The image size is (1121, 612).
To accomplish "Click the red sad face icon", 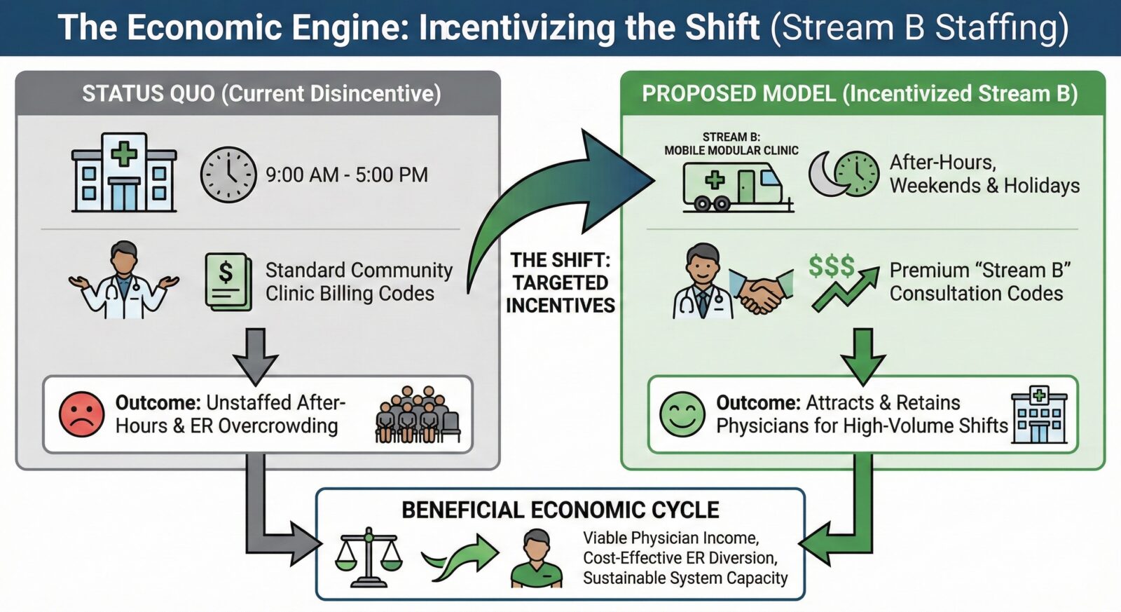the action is click(x=81, y=414).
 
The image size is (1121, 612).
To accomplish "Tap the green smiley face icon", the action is click(x=682, y=414).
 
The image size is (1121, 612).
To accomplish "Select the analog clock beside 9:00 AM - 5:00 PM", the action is click(x=228, y=175).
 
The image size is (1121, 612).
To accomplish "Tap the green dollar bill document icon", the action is click(x=228, y=281).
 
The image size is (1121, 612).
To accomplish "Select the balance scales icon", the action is click(x=369, y=557).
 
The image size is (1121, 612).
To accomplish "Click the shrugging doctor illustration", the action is click(x=123, y=280).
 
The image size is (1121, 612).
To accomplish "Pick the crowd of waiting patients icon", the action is click(x=418, y=414).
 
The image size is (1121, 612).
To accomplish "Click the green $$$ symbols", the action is click(x=831, y=266).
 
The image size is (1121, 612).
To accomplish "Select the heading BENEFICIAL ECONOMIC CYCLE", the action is click(x=560, y=510).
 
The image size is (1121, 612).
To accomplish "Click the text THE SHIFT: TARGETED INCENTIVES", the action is click(x=560, y=283).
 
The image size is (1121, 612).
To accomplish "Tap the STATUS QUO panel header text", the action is click(x=261, y=94).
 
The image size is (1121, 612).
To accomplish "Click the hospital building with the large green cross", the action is click(x=124, y=172).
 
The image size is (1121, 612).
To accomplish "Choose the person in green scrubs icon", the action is click(x=537, y=559).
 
